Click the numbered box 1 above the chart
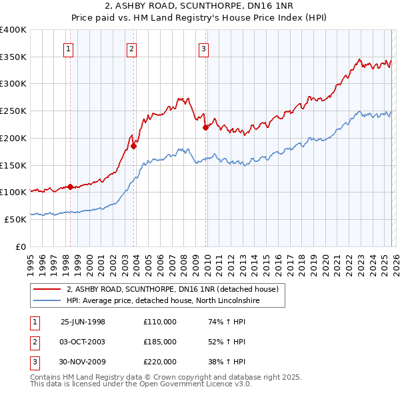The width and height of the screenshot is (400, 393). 69,48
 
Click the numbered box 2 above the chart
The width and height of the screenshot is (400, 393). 132,48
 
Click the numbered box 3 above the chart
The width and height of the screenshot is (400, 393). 203,48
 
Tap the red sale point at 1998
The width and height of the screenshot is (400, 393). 70,187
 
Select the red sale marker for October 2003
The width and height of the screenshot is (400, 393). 133,146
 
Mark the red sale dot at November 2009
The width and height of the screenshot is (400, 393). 205,127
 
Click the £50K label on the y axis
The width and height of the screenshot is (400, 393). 15,219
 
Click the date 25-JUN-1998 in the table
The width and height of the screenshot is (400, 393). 83,322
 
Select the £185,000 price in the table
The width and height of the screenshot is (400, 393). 160,342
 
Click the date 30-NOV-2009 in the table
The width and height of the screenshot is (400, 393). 83,362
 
